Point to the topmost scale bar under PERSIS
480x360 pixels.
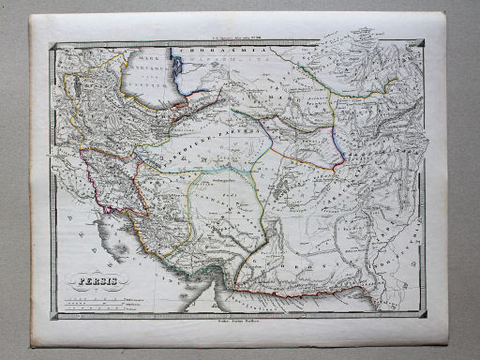94,293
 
